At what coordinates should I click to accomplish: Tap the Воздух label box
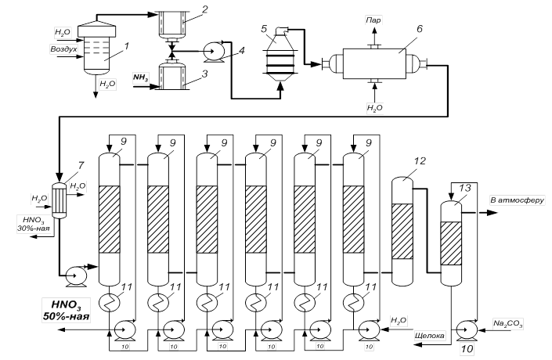[x=65, y=49]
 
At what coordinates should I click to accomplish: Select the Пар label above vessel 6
[x=373, y=17]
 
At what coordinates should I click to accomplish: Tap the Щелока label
[x=429, y=336]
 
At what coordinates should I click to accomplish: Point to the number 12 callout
[x=420, y=161]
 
